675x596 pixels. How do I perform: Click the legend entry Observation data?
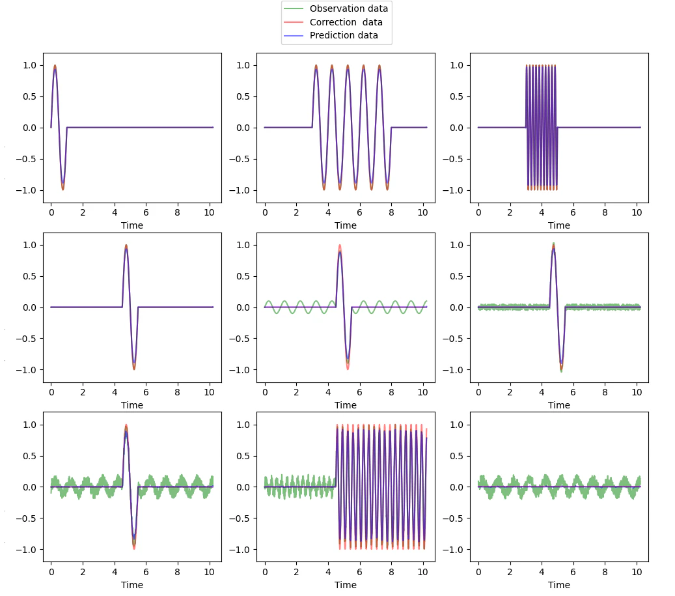coord(349,8)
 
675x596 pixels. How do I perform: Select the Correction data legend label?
coord(346,22)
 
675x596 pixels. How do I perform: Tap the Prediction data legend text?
coord(344,35)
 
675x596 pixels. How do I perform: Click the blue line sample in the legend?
coord(294,36)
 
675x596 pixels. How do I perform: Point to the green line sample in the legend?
coord(294,9)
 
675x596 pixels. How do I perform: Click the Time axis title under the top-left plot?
coord(132,225)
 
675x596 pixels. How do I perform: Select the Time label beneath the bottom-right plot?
coord(559,585)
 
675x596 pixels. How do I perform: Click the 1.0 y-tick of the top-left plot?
coord(30,65)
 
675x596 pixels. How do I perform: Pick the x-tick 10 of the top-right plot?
coord(637,212)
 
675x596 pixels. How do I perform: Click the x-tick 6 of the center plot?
coord(359,392)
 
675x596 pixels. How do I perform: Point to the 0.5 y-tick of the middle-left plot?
coord(30,276)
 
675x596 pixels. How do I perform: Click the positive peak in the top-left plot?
coord(55,66)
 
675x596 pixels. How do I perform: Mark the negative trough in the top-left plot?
coord(63,189)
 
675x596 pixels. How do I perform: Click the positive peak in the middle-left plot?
coord(126,246)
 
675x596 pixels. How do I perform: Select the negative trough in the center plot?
coord(348,368)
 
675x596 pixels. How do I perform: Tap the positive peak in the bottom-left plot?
coord(126,425)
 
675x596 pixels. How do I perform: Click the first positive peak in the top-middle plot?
coord(316,66)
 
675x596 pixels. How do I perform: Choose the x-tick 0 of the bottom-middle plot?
coord(265,573)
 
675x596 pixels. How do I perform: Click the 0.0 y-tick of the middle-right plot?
coord(457,308)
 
